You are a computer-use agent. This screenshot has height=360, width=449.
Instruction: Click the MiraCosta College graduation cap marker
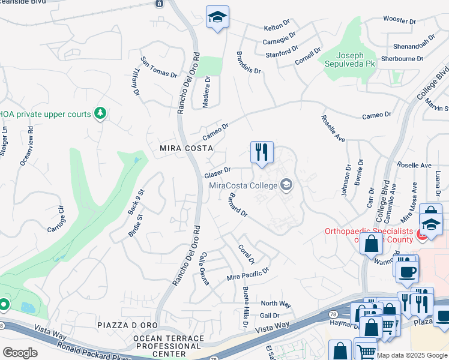click(x=286, y=185)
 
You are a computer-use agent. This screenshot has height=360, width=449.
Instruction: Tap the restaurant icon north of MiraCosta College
click(x=262, y=152)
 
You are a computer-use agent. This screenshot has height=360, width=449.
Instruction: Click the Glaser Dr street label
click(x=217, y=173)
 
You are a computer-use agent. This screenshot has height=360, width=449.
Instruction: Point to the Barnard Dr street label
click(x=238, y=208)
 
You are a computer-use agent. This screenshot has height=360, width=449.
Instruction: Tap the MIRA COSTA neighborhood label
click(x=187, y=148)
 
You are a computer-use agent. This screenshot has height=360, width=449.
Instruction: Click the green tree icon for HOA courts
click(x=100, y=113)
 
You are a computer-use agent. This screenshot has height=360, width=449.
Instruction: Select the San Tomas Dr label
click(x=159, y=67)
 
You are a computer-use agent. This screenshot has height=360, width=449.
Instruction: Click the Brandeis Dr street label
click(x=250, y=62)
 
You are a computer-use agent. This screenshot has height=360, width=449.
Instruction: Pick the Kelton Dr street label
click(x=277, y=28)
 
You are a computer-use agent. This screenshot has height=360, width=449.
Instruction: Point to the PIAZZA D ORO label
click(x=127, y=325)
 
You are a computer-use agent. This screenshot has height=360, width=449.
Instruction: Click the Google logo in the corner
click(x=20, y=353)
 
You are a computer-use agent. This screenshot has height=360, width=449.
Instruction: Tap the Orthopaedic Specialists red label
click(x=369, y=235)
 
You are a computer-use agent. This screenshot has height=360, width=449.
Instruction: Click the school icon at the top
click(x=217, y=17)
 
